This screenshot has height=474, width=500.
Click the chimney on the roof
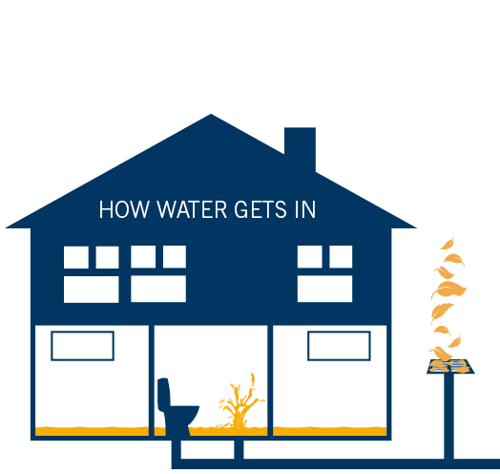click(300, 147)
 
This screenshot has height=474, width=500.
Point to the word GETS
click(260, 209)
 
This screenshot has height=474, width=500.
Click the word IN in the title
click(305, 209)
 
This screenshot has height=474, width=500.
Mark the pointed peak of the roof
click(211, 114)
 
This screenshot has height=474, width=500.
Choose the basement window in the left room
click(83, 346)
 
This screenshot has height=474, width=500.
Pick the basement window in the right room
click(339, 346)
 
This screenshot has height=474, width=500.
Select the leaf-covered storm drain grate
click(450, 366)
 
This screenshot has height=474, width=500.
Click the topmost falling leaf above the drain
click(448, 243)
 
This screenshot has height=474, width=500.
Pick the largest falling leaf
click(448, 289)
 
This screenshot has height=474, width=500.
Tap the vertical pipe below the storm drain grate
click(449, 417)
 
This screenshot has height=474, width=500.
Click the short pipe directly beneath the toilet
click(177, 449)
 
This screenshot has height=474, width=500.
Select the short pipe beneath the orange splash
click(239, 449)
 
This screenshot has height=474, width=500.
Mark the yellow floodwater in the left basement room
click(92, 431)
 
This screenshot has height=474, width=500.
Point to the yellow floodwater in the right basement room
click(330, 431)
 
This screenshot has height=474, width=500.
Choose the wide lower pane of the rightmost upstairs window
click(325, 289)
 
